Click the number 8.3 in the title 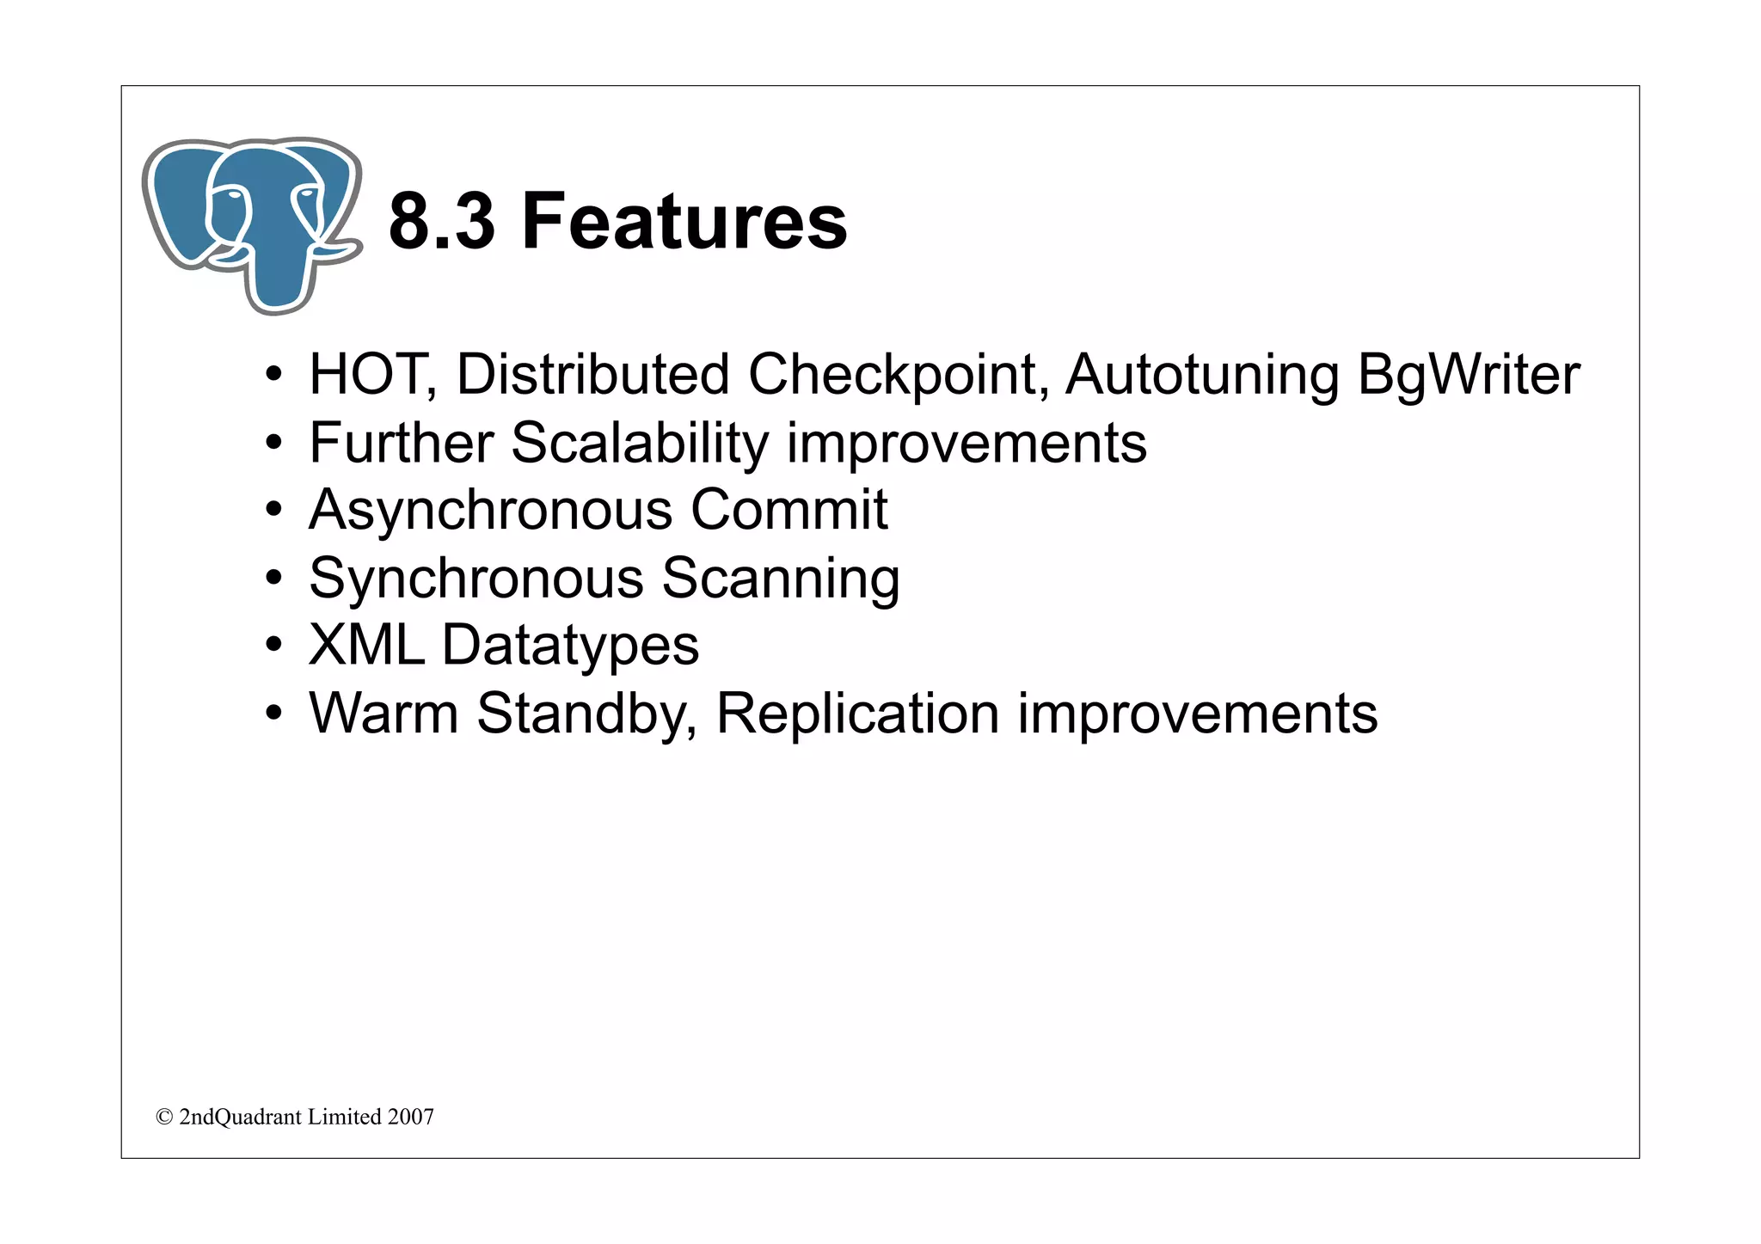(442, 222)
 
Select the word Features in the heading (684, 222)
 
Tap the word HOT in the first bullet (366, 375)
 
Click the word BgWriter (1468, 377)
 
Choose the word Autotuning (1202, 377)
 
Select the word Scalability (639, 444)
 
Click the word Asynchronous (490, 511)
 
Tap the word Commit (788, 510)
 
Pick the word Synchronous (476, 579)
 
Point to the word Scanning (780, 579)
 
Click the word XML (366, 645)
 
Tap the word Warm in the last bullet (383, 714)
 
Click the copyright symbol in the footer (163, 1117)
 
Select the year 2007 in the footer (410, 1117)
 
